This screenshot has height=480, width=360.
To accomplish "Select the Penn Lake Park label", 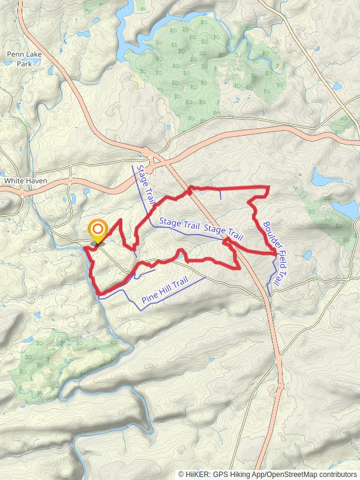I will [x=23, y=58].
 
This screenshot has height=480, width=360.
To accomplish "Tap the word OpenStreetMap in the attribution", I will [x=287, y=474].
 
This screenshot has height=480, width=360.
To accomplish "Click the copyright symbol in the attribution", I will [x=181, y=474].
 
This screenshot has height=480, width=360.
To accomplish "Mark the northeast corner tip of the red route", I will [x=268, y=188].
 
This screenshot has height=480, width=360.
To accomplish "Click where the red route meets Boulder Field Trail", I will [x=275, y=255].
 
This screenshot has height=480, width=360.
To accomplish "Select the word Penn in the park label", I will [x=15, y=54].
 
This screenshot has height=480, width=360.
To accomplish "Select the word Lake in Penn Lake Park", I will [x=30, y=54].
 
